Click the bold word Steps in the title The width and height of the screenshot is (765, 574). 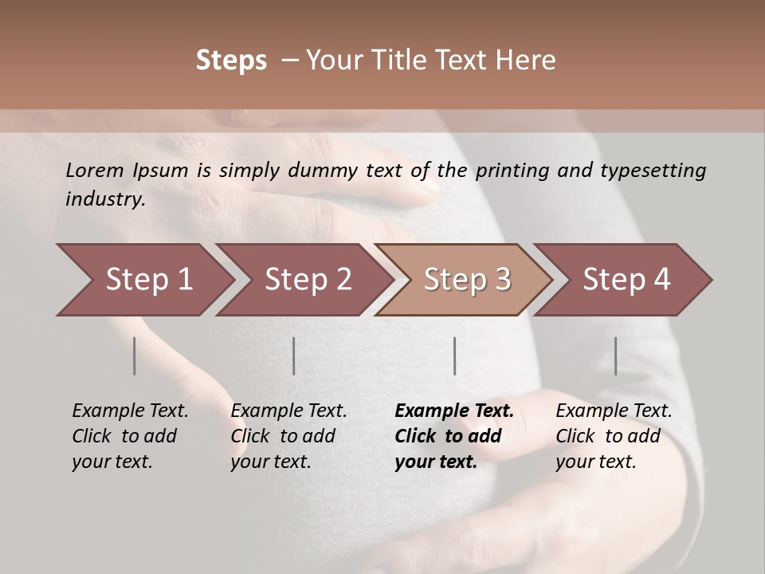[x=231, y=61]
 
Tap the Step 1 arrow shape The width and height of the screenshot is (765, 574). [x=149, y=280]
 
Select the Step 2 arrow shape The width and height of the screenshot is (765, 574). [x=308, y=280]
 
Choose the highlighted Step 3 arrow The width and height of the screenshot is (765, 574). [x=467, y=280]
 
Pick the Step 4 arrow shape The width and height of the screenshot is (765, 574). [x=626, y=280]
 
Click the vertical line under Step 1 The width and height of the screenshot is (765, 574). [x=135, y=356]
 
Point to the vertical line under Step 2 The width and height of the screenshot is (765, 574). [x=294, y=356]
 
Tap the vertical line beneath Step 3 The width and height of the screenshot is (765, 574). [x=454, y=356]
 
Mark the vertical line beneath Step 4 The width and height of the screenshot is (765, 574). [x=615, y=356]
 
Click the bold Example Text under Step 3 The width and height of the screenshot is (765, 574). [x=454, y=436]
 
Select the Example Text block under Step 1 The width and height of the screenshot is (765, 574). [x=130, y=436]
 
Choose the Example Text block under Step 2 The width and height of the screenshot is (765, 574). [x=288, y=436]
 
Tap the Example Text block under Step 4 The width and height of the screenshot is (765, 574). [x=614, y=436]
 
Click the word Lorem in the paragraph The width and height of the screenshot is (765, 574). [x=95, y=170]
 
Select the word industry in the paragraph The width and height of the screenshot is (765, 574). [x=105, y=199]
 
